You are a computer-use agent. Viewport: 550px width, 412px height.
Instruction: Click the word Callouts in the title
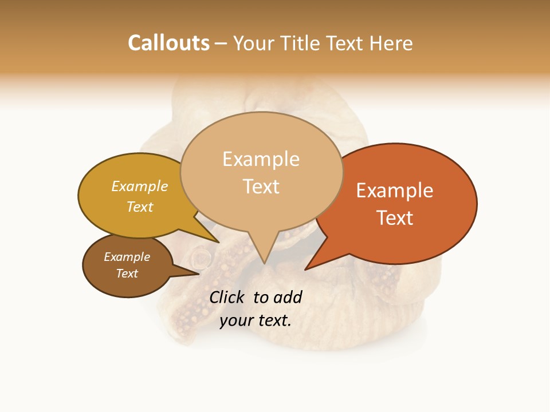[168, 43]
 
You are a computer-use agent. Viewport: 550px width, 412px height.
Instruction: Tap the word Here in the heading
[392, 43]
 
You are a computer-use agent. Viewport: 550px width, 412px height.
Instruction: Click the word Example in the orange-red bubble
[395, 191]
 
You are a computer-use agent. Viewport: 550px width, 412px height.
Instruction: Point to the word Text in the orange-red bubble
[395, 218]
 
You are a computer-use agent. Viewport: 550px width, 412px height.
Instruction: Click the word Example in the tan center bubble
[261, 159]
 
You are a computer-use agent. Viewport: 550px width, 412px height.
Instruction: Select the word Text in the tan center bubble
[261, 187]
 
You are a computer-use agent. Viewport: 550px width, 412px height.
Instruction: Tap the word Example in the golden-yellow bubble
[140, 187]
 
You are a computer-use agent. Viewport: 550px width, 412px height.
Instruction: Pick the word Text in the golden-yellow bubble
[140, 207]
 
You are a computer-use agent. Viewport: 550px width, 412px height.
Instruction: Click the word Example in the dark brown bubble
[127, 257]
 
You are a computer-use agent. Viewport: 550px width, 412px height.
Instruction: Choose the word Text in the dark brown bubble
[127, 274]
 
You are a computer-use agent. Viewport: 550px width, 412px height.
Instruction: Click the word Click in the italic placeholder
[227, 297]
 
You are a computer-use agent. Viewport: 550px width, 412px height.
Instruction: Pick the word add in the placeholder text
[288, 297]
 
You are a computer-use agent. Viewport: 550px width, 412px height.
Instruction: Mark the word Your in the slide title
[254, 43]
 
